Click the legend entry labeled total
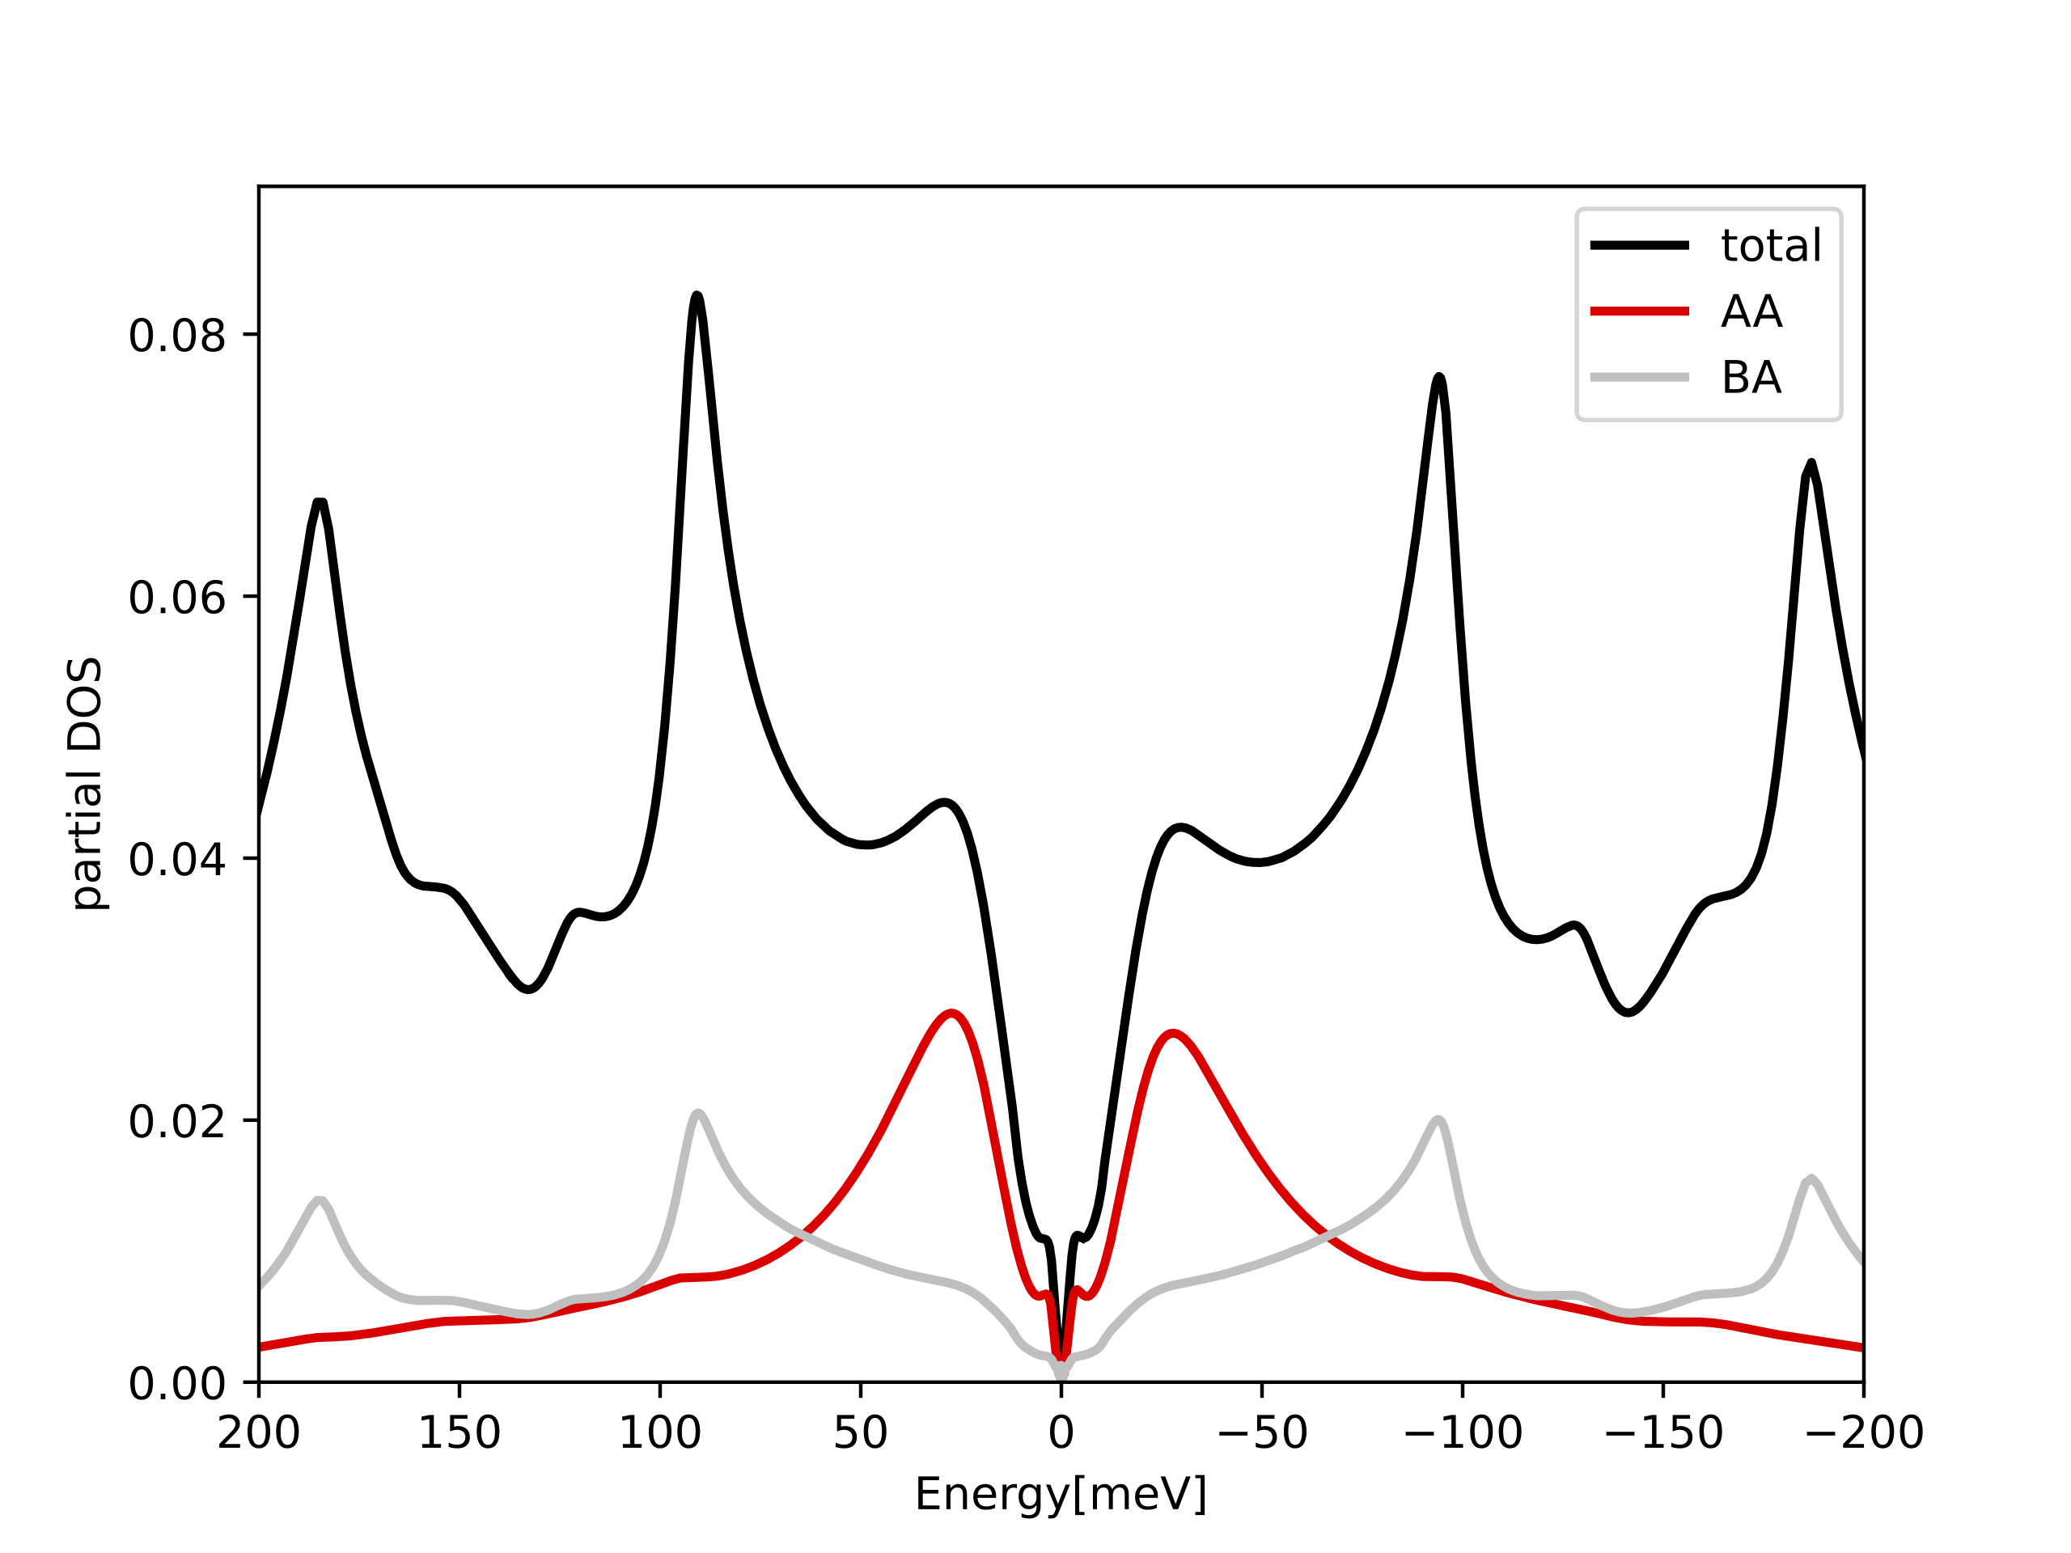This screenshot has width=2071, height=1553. (1770, 246)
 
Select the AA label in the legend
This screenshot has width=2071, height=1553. (1751, 311)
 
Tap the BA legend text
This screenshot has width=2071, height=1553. (1751, 379)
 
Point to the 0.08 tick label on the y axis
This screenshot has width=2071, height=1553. (177, 336)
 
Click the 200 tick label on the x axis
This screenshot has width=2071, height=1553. (258, 1433)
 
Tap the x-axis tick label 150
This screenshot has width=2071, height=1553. (459, 1433)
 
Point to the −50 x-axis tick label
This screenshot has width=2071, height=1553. (1261, 1433)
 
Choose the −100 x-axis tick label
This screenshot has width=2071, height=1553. (1462, 1433)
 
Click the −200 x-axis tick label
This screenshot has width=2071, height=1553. (1863, 1433)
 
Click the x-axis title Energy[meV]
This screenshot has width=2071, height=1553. (1061, 1494)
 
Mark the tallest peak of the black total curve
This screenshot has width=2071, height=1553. (697, 296)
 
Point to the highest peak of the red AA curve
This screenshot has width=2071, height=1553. (951, 1013)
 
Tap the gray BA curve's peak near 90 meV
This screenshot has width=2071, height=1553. (697, 1113)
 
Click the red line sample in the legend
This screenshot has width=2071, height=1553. (1639, 311)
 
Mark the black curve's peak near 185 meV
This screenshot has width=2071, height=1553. (320, 502)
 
